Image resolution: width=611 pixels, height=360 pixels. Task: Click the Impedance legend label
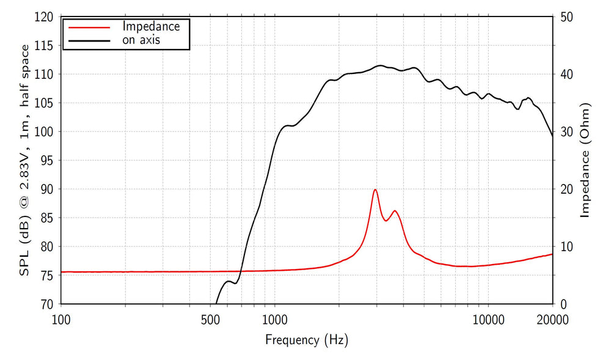coord(151,26)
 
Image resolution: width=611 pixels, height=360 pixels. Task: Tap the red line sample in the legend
coord(89,28)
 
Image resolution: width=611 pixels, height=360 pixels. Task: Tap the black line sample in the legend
coord(89,41)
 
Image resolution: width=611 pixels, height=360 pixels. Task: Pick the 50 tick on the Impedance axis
coord(565,17)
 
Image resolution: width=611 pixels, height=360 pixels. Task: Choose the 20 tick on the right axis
coord(565,189)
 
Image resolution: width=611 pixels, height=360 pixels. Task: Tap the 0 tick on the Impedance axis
coord(562,304)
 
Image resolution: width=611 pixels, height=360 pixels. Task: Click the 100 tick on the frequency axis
coord(61,319)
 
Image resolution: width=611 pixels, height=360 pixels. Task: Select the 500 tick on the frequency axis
coord(210,319)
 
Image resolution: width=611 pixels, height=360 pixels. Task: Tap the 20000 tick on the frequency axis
coord(552,319)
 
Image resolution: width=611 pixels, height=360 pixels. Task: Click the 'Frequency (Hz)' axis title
coord(307,340)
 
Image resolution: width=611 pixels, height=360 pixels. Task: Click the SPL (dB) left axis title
coord(25,160)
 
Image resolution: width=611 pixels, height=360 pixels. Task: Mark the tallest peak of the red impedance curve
coord(375,189)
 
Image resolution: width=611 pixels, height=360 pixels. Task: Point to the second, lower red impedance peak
coord(395,211)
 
